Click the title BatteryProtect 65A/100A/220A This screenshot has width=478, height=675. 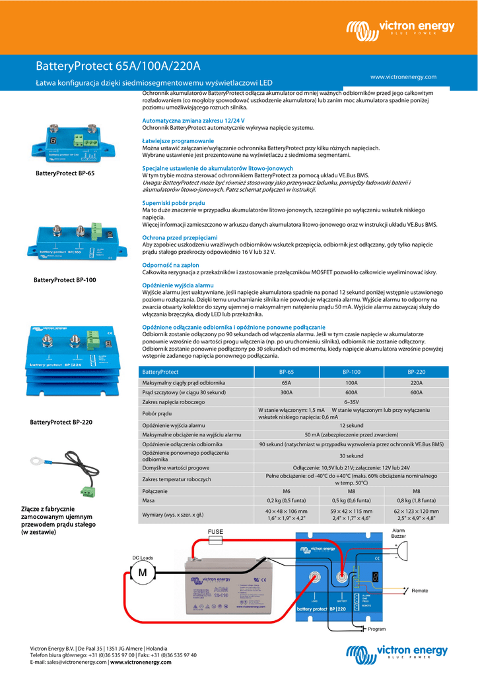tap(118, 67)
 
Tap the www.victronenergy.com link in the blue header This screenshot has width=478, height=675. tap(403, 77)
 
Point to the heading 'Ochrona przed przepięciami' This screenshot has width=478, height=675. tap(180, 237)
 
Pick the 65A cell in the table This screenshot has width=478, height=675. tap(286, 382)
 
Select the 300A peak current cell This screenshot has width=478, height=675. tap(286, 392)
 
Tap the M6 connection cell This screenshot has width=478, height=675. tap(286, 491)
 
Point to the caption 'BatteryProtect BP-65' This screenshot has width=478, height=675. tap(65, 173)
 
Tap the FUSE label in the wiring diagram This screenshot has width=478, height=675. tap(216, 531)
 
